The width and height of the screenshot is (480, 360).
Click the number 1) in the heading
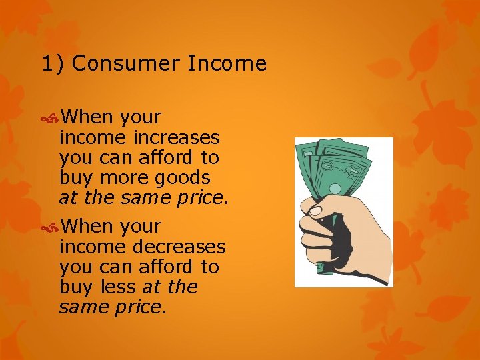53,64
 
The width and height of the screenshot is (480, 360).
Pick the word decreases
179,247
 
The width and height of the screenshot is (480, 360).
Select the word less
120,287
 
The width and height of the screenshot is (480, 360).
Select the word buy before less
77,287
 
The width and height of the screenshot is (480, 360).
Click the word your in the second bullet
141,227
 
